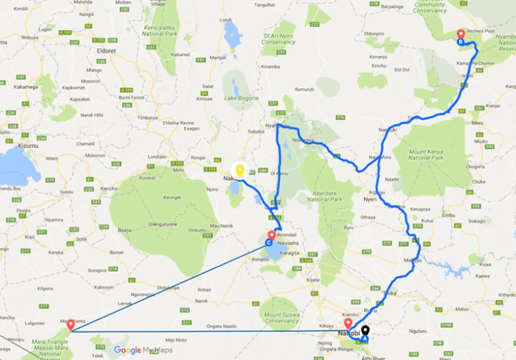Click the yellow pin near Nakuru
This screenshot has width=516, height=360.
240,170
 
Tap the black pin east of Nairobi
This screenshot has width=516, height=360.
365,331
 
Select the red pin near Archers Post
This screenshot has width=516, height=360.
460,34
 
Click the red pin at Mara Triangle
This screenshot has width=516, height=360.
71,325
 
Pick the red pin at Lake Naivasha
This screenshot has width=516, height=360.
271,235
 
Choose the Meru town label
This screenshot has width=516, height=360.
479,123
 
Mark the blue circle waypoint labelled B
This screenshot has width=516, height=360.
461,42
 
